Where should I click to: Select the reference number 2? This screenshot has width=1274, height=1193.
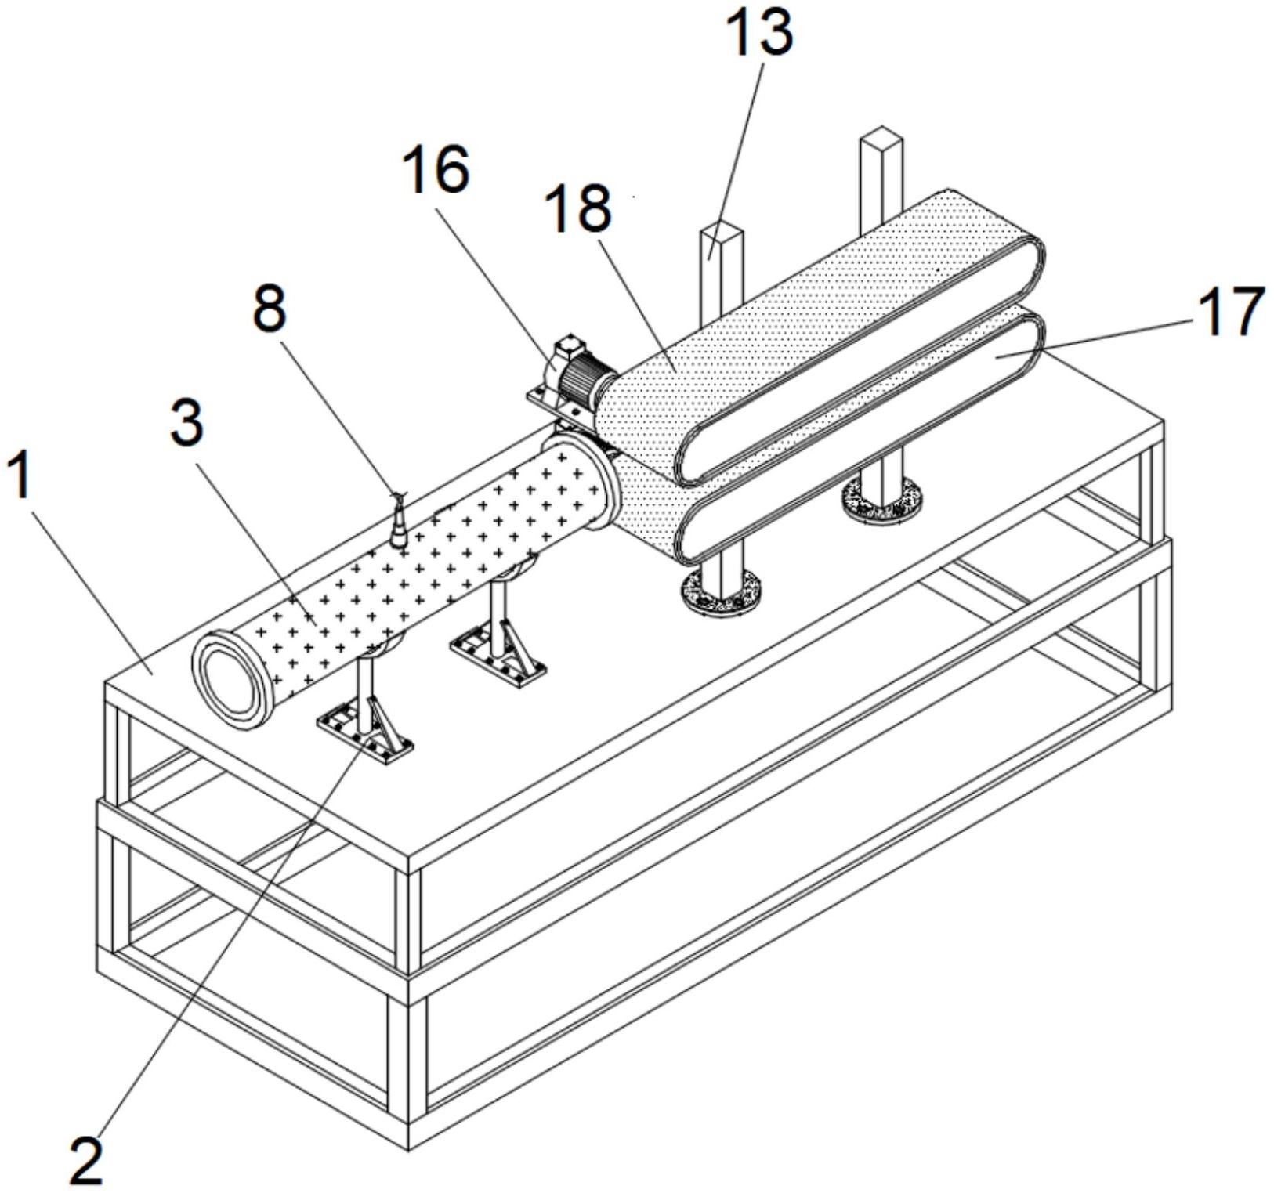click(86, 1159)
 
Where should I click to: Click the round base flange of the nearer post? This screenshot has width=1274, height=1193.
click(722, 592)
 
